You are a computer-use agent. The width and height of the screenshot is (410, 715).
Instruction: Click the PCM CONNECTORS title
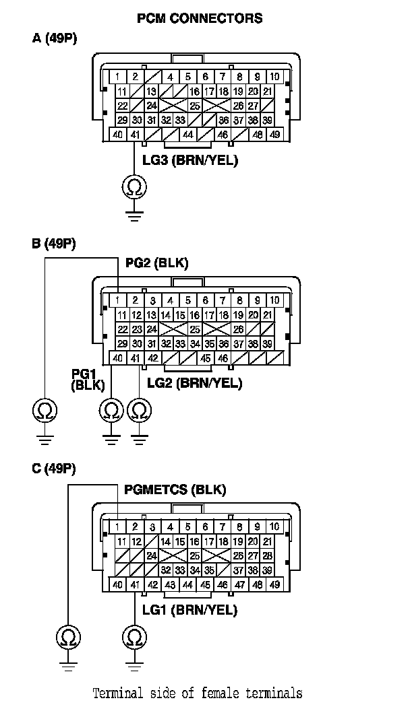[200, 18]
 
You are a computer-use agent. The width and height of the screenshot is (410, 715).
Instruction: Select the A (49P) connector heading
[55, 38]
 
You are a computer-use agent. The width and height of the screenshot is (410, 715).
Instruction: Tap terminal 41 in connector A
[135, 135]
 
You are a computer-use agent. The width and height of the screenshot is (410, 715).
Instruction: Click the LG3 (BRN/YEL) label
[190, 160]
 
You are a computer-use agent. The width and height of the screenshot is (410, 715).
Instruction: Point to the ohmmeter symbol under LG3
[134, 187]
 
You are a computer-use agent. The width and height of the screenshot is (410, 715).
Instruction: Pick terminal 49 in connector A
[274, 135]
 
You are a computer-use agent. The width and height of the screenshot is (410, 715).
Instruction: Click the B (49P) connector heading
[54, 244]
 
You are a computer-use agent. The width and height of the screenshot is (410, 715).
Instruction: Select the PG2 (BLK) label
[156, 263]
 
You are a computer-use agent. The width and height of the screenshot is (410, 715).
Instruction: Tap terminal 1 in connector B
[118, 300]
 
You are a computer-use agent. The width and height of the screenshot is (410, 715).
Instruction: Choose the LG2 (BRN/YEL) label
[194, 383]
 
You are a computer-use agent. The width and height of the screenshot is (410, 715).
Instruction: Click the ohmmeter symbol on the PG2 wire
[45, 410]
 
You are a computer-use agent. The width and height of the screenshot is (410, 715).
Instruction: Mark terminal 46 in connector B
[223, 358]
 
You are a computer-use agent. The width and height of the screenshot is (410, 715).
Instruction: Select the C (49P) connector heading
[54, 469]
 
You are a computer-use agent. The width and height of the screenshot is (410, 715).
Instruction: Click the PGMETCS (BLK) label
[175, 489]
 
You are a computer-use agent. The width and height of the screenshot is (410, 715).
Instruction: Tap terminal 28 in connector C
[268, 555]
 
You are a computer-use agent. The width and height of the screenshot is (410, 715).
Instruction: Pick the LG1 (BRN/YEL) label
[189, 610]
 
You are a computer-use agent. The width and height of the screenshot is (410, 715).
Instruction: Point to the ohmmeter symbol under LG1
[134, 637]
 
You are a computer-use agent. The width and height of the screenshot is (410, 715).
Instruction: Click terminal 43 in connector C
[170, 584]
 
